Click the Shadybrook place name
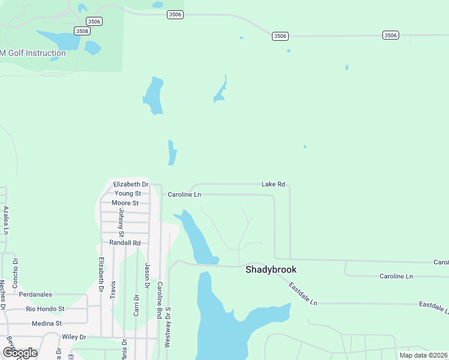point(271,270)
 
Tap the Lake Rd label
point(273,184)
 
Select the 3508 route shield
point(82,31)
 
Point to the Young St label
point(127,193)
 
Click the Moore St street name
point(125,203)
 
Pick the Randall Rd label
point(124,242)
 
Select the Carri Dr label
point(136,305)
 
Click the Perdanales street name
point(35,295)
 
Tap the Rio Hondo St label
point(45,309)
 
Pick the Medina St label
point(46,323)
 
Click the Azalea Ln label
point(6,220)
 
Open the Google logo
point(20,353)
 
